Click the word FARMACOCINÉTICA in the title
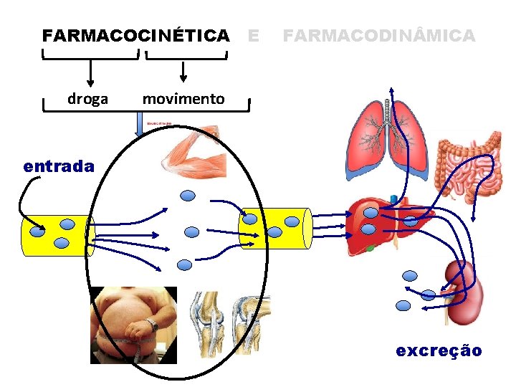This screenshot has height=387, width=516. tap(136, 35)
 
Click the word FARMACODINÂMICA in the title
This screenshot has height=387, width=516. tap(379, 35)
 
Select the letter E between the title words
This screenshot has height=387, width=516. tap(252, 35)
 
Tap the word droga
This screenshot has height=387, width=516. tap(88, 99)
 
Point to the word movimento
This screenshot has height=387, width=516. tap(183, 99)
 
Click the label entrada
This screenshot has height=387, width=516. tap(59, 166)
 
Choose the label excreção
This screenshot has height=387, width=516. tap(439, 350)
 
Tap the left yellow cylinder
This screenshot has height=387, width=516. tap(57, 235)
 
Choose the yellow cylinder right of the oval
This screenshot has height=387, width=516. tap(275, 228)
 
